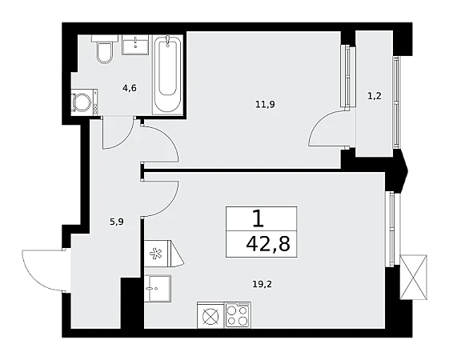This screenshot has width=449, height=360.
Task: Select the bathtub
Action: [167, 74]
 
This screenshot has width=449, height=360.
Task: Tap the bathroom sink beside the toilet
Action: [135, 45]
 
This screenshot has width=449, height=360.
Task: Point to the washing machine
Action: [84, 102]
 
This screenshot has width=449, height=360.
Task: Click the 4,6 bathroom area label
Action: [130, 88]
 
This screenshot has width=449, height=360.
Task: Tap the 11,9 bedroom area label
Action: [265, 105]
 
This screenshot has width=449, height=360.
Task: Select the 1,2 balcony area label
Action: [375, 96]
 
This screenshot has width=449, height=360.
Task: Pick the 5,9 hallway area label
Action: [117, 222]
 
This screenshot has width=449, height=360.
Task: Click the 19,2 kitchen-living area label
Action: [262, 284]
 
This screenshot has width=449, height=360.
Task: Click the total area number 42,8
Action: [268, 244]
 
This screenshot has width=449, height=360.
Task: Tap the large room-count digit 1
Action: [259, 218]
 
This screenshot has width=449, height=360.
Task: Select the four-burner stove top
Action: [238, 314]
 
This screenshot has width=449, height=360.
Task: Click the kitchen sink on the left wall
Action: [158, 288]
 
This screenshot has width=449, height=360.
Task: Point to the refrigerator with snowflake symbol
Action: [163, 254]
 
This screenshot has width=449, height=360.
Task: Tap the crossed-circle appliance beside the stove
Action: [210, 316]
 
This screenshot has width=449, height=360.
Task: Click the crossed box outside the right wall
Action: [414, 277]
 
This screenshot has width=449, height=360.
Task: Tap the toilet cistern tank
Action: [105, 38]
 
